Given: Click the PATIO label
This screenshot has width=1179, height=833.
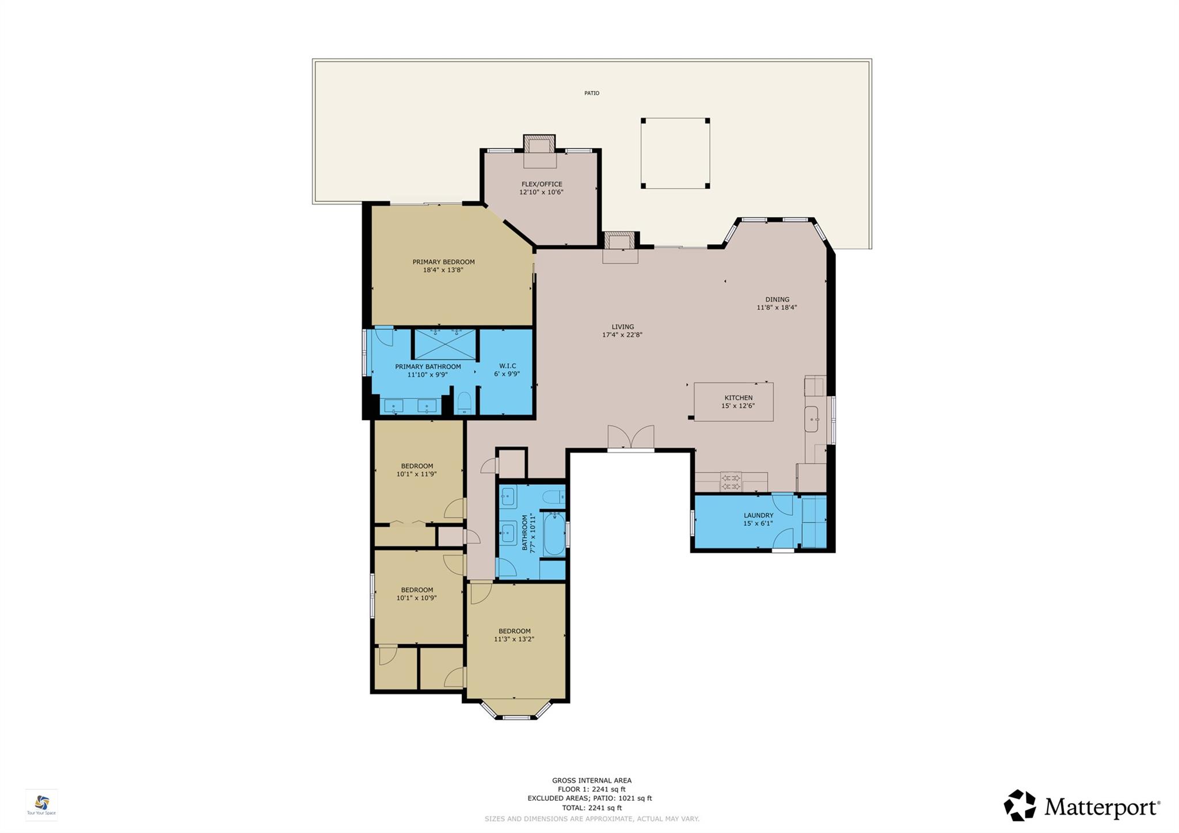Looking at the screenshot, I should [591, 93].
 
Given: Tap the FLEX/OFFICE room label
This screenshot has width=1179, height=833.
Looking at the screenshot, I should [541, 184].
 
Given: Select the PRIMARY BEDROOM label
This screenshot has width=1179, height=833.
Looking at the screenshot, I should [443, 262].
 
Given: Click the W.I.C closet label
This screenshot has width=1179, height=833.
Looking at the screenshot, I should [507, 366].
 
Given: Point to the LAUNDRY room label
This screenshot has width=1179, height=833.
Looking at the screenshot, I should [758, 515].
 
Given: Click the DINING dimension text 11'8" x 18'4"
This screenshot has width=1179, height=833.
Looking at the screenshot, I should [777, 307].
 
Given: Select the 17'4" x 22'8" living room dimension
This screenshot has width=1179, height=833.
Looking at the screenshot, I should [622, 334].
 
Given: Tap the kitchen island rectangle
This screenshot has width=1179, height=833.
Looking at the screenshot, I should [733, 402].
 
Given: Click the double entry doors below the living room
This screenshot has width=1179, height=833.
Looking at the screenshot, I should [631, 438].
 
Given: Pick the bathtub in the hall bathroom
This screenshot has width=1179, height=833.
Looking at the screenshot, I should [554, 533].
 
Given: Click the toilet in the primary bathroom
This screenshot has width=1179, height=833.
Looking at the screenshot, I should [464, 402].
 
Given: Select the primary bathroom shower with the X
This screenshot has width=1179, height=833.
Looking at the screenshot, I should [445, 344].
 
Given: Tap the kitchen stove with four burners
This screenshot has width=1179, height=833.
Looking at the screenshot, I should [731, 482].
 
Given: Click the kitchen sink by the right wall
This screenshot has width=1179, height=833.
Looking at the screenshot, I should [811, 419].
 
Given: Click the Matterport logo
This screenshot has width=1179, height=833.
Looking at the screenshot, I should [1082, 806].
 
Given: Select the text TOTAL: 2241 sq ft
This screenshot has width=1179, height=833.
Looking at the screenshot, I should [591, 808].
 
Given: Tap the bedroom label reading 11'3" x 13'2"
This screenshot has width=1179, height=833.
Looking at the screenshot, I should [514, 639].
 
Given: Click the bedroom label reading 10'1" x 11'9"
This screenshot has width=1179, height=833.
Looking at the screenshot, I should [416, 474].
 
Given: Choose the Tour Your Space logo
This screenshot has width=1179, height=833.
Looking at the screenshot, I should [41, 804].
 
